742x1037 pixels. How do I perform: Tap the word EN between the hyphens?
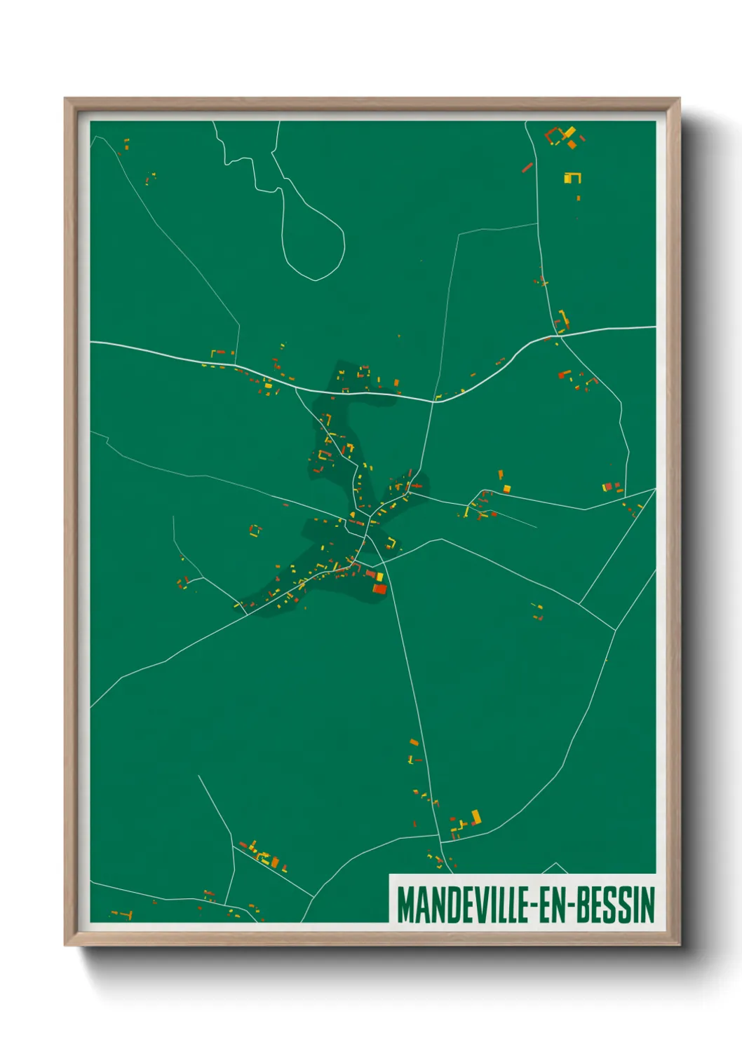coord(554,905)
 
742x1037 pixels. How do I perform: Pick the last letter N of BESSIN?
coord(648,905)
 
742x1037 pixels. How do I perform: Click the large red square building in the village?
coord(379,589)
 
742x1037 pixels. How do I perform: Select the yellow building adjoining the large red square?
coord(379,577)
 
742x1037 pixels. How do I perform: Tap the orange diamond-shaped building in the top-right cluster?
coord(572,144)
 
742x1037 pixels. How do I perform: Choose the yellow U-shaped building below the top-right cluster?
coord(572,178)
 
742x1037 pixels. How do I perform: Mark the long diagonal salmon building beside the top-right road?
coord(527,167)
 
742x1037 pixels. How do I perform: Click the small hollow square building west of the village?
coord(255,530)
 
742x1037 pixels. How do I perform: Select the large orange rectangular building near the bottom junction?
coord(476,816)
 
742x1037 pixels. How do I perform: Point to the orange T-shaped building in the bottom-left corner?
coord(126,914)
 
